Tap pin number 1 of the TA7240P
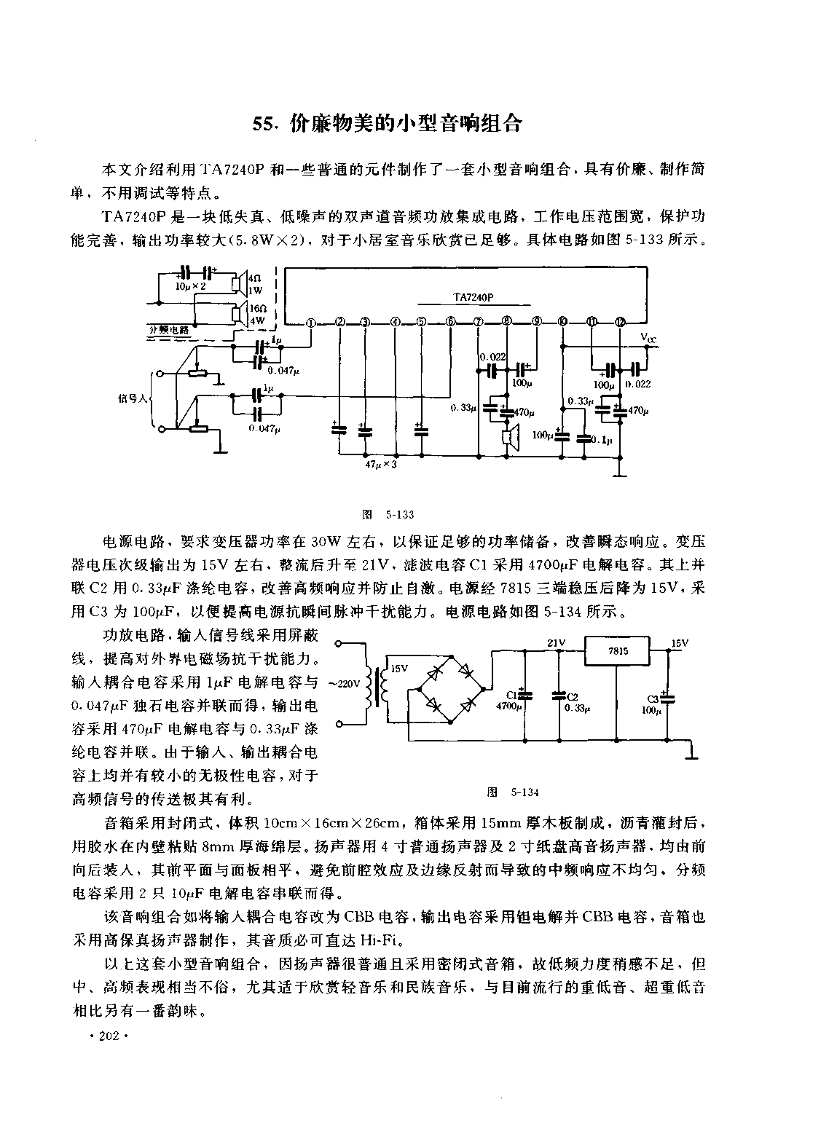[311, 323]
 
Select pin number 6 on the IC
[450, 323]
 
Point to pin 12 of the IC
[620, 323]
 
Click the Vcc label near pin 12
[648, 336]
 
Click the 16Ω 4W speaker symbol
[237, 314]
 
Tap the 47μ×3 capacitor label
[381, 464]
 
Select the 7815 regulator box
[618, 651]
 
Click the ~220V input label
[344, 684]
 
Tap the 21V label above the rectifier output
[557, 642]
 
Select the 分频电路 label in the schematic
[169, 329]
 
